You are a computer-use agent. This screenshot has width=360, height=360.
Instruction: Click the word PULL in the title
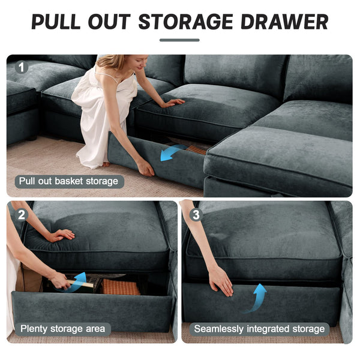(x=58, y=22)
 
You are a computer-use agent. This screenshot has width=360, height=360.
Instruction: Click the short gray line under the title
(x=179, y=40)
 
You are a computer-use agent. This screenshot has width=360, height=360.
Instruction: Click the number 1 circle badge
(x=22, y=67)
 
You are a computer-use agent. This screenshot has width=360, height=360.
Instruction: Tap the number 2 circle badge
(x=22, y=214)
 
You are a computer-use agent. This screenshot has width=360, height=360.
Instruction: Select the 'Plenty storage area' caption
(x=62, y=329)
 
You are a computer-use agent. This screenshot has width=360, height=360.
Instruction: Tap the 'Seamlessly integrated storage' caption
(x=259, y=329)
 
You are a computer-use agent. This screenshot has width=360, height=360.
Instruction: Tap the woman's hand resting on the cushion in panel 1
(x=173, y=103)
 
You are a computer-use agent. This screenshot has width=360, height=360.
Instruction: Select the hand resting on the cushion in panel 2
(x=61, y=235)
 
